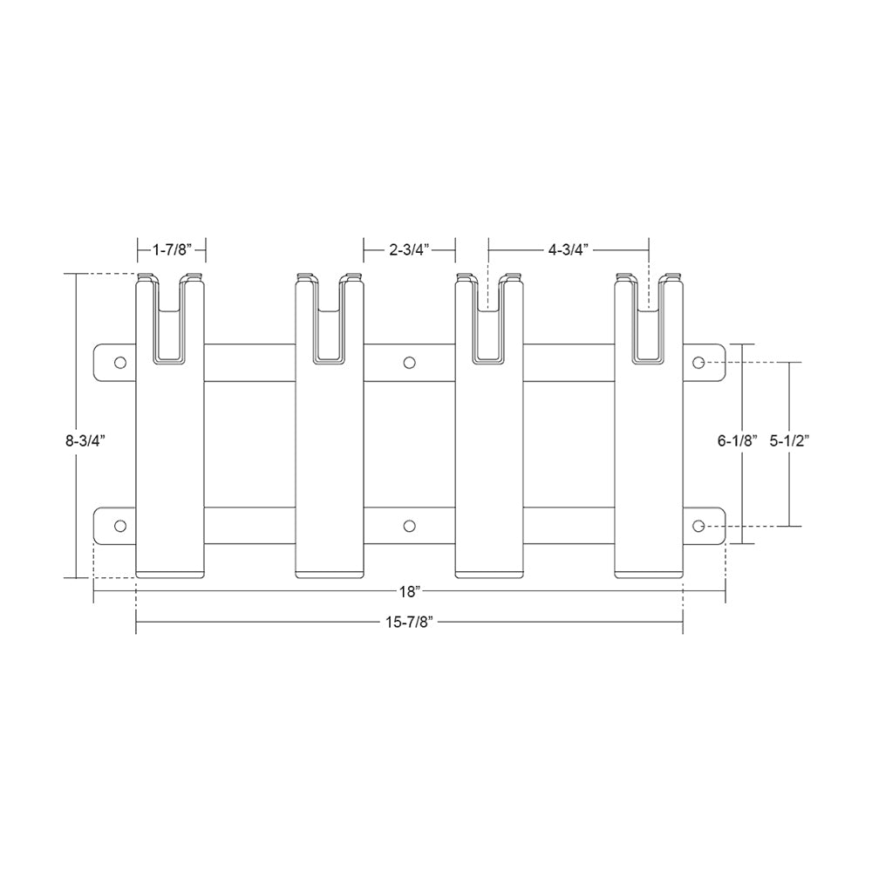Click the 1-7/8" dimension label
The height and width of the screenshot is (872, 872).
click(x=171, y=251)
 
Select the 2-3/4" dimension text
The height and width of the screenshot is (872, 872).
click(x=409, y=251)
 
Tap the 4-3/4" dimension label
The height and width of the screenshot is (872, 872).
click(x=568, y=251)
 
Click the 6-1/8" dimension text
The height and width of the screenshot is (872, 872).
click(x=738, y=441)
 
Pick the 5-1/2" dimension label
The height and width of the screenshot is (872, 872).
click(x=791, y=441)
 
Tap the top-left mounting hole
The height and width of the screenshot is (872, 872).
click(x=120, y=362)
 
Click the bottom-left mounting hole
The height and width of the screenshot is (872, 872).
click(x=120, y=525)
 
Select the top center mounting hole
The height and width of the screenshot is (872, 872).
click(x=409, y=362)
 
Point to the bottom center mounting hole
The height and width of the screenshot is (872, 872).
click(x=409, y=525)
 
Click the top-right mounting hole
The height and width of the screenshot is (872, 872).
click(x=698, y=362)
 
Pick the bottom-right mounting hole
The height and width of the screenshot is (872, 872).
click(x=698, y=525)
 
